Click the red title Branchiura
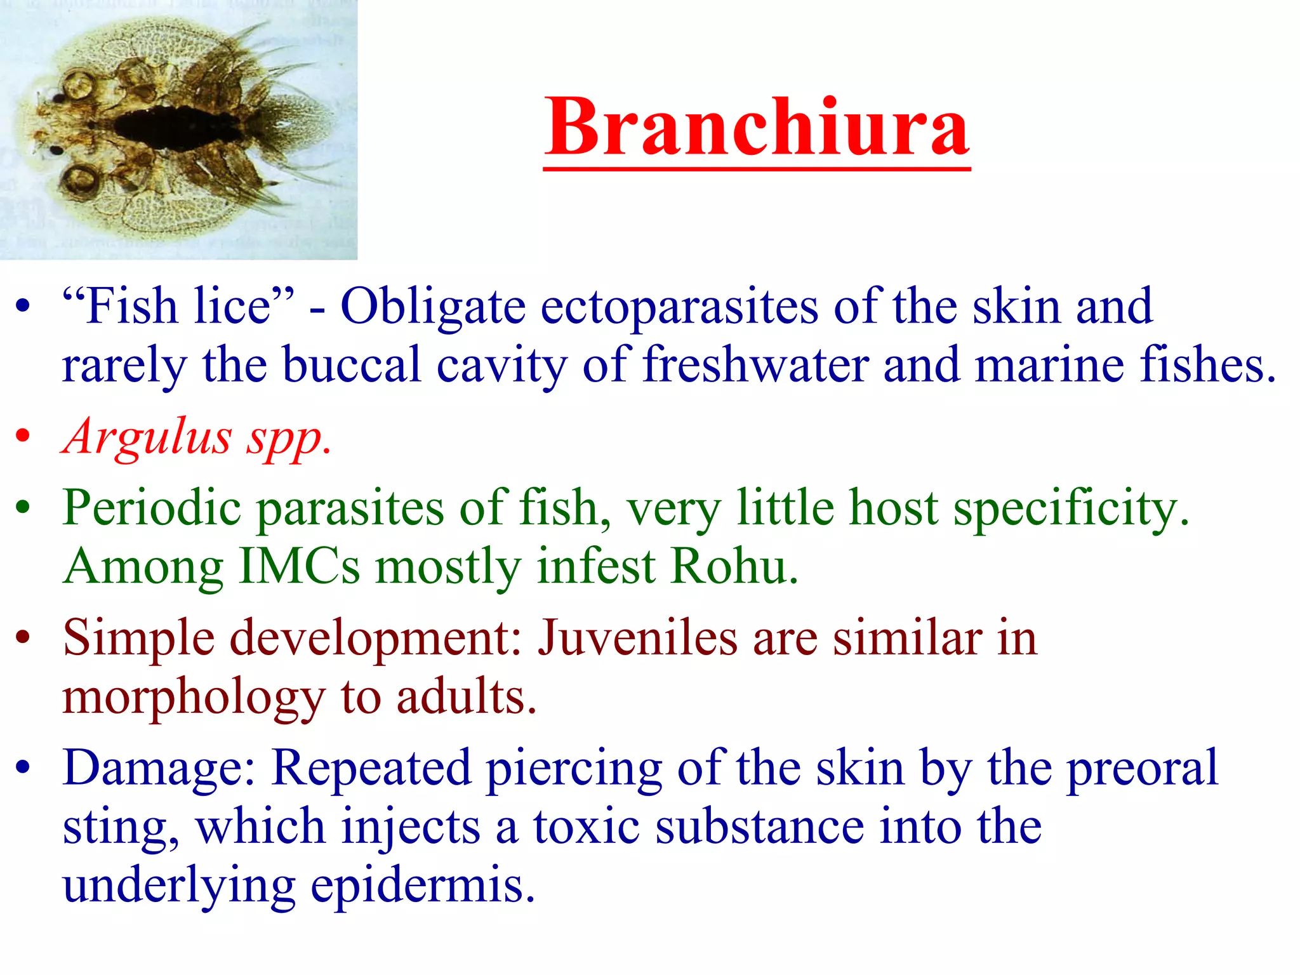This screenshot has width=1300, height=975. (x=757, y=128)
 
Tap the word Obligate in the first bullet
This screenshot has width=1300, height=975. (x=433, y=307)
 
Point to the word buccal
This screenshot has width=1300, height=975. (x=352, y=366)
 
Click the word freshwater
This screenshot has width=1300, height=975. (x=755, y=366)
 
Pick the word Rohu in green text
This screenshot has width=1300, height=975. (x=734, y=566)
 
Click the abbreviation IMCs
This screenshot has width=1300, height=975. (x=300, y=566)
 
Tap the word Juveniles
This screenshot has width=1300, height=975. (x=637, y=639)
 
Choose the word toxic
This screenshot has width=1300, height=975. (x=586, y=827)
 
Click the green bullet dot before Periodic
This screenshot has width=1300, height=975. (x=23, y=508)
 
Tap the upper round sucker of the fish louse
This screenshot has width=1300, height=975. (x=78, y=85)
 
